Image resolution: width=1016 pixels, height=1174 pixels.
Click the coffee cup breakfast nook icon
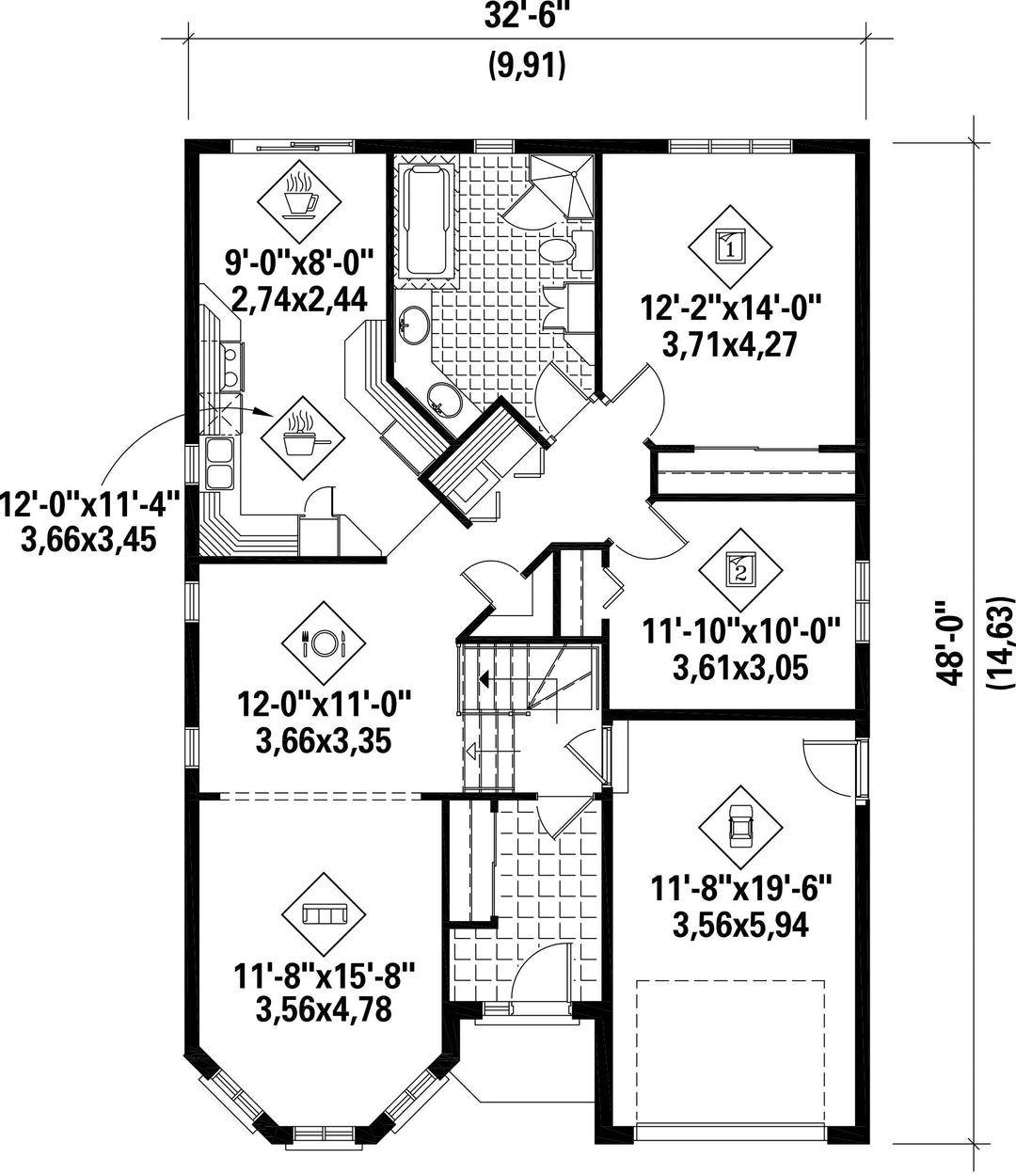299,200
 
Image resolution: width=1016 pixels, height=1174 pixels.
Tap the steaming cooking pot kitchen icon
303,438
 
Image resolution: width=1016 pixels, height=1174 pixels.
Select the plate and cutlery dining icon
324,643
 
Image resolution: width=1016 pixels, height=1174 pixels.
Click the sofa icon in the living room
324,914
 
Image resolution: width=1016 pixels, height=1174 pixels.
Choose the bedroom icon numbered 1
730,246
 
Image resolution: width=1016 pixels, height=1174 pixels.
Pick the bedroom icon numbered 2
740,570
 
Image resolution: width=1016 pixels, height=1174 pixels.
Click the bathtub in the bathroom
426,220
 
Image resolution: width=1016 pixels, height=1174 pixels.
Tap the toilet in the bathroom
565,250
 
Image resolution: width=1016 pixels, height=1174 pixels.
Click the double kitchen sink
219,463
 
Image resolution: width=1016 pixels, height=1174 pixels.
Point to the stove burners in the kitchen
231,366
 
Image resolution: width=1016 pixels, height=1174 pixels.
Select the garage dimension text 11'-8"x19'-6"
740,888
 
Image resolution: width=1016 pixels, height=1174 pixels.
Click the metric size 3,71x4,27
730,344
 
